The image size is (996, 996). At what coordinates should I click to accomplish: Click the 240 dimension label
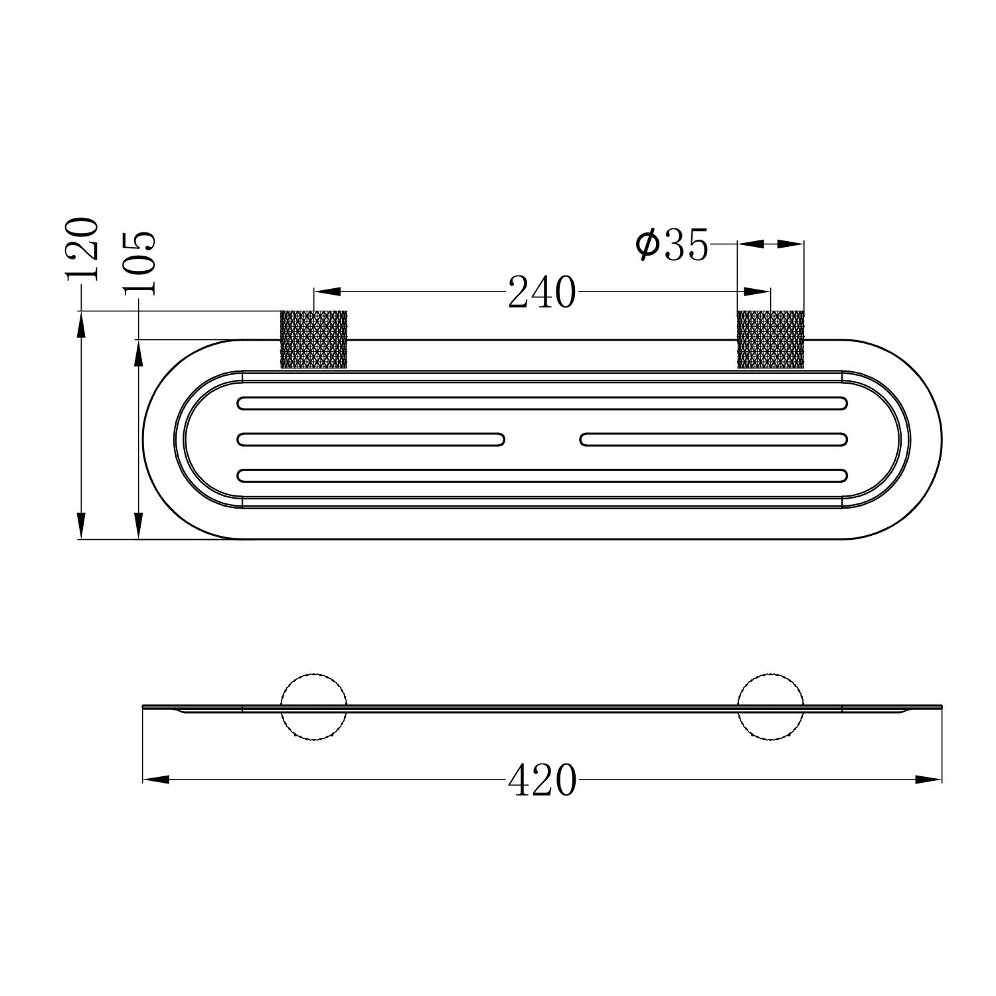(x=542, y=293)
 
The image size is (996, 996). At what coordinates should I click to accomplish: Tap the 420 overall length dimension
(x=542, y=780)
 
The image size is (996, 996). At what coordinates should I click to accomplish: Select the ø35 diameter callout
(x=672, y=245)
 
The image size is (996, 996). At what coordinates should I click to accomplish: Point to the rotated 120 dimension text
(x=82, y=248)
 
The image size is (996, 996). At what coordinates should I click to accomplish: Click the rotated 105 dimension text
(x=139, y=263)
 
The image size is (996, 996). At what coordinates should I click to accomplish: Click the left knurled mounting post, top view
(x=314, y=339)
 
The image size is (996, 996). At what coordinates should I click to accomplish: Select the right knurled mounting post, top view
(x=771, y=339)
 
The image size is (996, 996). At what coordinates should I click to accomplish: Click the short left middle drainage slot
(x=371, y=439)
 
